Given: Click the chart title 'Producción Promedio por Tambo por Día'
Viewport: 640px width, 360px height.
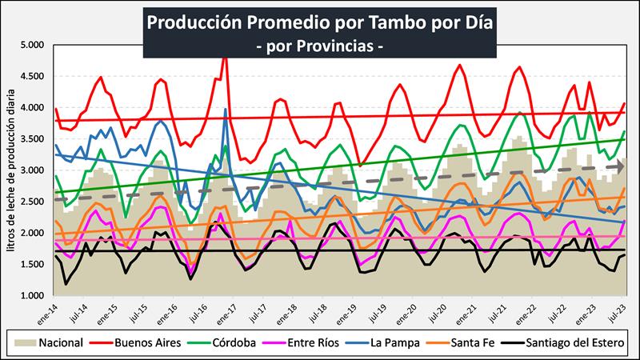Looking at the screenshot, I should pos(320,22).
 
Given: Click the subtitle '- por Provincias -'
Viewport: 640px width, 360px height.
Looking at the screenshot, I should pos(320,46).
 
